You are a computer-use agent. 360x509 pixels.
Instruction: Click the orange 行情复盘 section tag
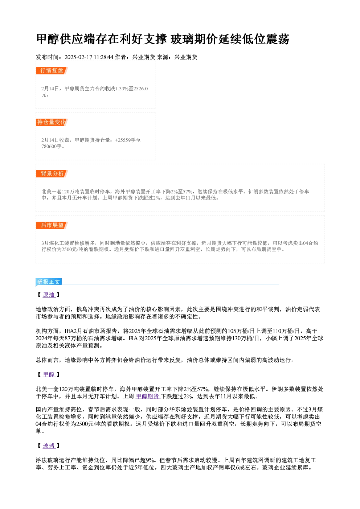[x=52, y=71]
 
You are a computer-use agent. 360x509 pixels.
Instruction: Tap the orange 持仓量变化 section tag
[x=52, y=122]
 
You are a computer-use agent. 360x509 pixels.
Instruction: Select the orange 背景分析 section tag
[x=52, y=174]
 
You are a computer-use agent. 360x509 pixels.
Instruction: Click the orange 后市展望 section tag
[x=52, y=225]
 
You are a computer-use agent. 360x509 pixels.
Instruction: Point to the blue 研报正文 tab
[x=49, y=282]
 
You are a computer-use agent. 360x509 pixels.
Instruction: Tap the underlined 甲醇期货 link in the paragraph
[x=148, y=397]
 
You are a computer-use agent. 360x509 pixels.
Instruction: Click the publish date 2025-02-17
[x=78, y=57]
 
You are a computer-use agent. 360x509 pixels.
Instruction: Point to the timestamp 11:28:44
[x=103, y=57]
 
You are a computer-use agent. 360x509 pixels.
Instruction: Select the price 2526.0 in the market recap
[x=141, y=89]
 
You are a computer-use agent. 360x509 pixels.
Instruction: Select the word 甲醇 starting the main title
[x=48, y=39]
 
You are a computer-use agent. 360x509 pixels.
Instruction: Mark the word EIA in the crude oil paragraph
[x=133, y=338]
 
